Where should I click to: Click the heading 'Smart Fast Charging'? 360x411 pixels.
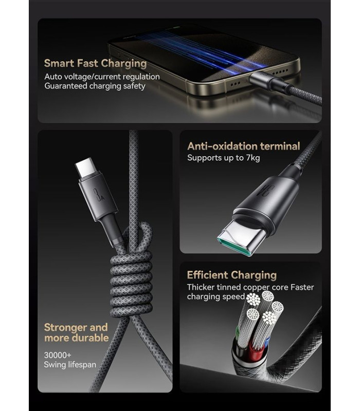pos(95,64)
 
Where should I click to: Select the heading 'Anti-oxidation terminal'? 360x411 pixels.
pos(243,146)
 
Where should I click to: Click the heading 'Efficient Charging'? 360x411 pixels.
pos(232,275)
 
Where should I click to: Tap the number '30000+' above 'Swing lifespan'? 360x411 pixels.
pos(58,355)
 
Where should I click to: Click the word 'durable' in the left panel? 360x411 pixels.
pos(90,338)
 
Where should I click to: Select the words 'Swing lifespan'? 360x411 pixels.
pos(70,365)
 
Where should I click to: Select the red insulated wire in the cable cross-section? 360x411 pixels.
pos(256,349)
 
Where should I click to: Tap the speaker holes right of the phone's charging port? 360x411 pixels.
pos(281,71)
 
